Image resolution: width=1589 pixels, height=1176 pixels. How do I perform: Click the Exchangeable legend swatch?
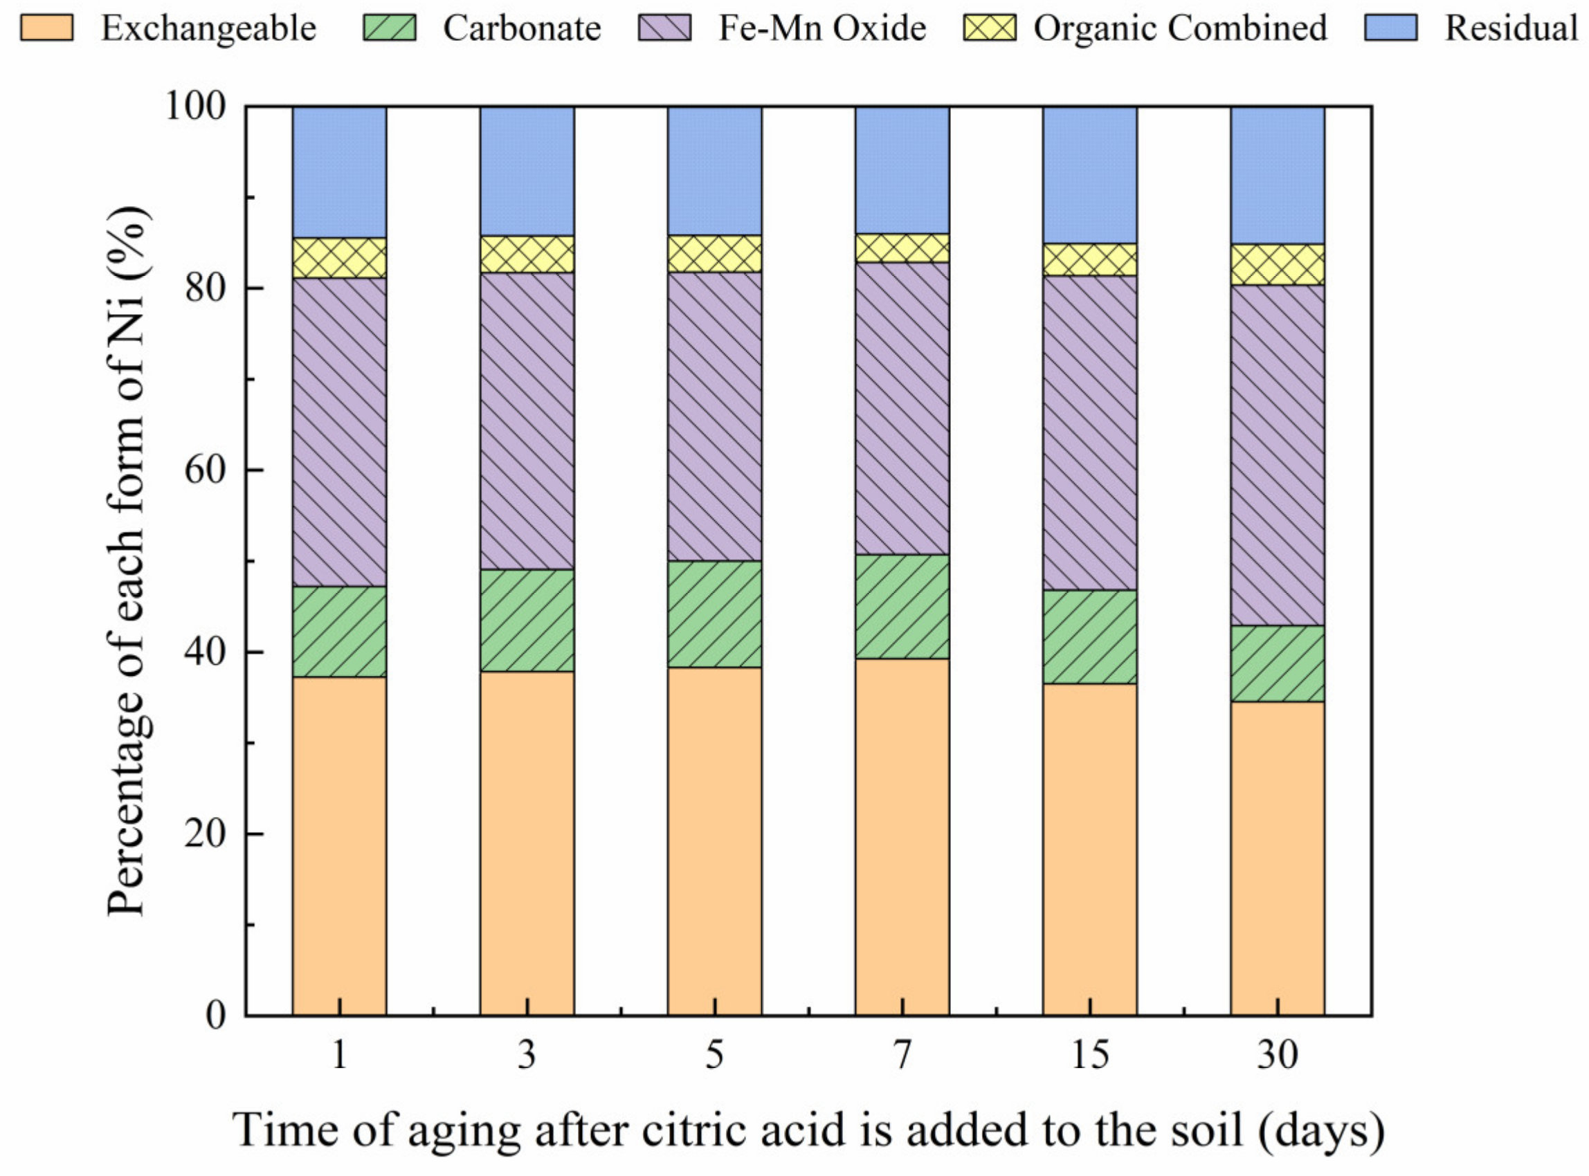46,28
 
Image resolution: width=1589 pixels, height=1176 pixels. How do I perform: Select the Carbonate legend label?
521,28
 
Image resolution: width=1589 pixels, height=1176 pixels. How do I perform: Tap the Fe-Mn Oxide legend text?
822,28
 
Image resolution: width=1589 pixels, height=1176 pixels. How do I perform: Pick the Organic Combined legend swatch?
989,28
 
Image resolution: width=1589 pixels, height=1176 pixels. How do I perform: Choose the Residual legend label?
1511,28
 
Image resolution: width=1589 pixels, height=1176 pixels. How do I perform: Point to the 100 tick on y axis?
195,107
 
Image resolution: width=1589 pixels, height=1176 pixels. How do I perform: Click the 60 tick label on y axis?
204,470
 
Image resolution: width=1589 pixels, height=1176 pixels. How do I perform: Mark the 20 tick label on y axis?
204,834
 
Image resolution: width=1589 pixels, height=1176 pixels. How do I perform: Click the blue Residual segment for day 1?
340,172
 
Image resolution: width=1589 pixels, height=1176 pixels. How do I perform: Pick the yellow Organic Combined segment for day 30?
1278,265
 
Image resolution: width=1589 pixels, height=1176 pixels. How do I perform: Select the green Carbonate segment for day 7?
902,607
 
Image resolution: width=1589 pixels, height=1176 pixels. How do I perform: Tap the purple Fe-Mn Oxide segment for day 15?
1090,433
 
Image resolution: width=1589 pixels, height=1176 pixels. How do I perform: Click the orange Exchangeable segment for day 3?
527,843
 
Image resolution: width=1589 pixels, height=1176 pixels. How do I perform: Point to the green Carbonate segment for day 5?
714,614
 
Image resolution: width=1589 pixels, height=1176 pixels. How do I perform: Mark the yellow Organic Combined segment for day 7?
902,248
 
